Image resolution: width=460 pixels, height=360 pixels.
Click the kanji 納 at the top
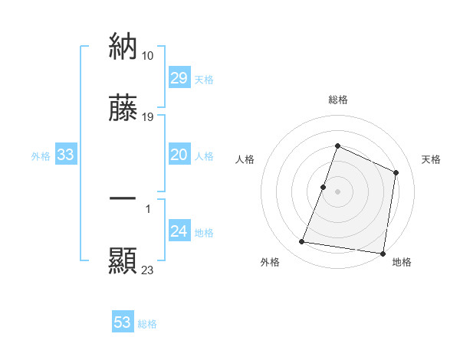123,47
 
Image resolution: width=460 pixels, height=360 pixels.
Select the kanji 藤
123,108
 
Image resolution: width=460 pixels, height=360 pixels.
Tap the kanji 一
123,199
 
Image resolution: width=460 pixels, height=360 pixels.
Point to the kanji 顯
123,260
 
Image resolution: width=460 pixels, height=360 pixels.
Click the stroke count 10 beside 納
148,55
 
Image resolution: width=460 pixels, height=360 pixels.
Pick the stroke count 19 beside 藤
148,117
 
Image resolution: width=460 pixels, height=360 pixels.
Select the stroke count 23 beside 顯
148,270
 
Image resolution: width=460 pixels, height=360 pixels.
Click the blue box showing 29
179,78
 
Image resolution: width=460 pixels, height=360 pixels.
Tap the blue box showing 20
179,155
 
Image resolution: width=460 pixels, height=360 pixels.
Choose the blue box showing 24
179,232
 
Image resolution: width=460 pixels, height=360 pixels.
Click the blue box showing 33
66,155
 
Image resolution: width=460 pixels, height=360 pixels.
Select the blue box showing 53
123,322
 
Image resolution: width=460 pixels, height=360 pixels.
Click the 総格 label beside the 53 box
147,324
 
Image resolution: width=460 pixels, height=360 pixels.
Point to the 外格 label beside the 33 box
41,156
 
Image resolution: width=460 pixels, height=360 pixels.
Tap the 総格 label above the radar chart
338,100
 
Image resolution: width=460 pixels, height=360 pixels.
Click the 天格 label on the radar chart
432,159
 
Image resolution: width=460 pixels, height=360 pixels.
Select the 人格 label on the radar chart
245,159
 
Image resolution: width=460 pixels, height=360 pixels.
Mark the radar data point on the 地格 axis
383,254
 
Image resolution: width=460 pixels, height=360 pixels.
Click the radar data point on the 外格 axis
302,242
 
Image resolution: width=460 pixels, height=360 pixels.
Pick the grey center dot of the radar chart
338,191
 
